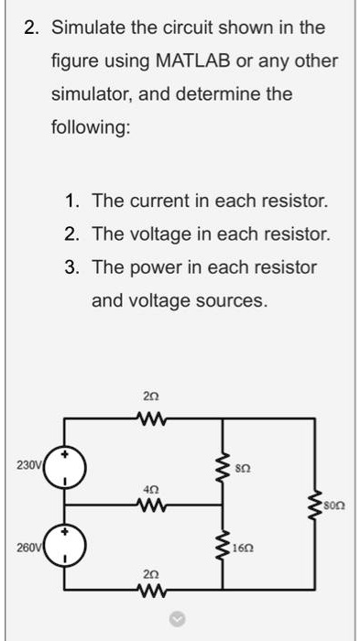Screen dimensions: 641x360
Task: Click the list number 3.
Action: (71, 266)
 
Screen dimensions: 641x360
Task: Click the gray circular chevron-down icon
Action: (180, 619)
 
